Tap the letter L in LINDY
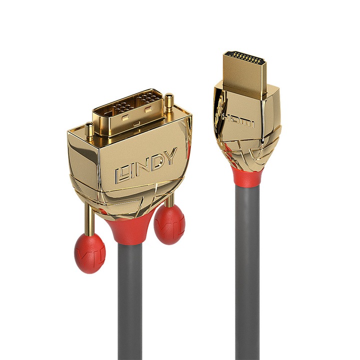[x=121, y=173]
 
